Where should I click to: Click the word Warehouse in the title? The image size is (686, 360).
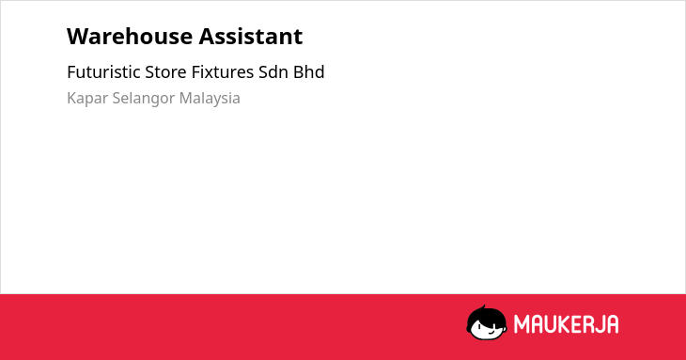click(x=130, y=36)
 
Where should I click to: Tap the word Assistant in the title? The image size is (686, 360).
click(x=251, y=36)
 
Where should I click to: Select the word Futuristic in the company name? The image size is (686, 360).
click(x=103, y=71)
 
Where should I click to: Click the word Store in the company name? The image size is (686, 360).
click(x=165, y=71)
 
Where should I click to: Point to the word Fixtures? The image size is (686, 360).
click(x=223, y=71)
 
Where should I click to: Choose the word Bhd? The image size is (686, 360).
click(x=309, y=71)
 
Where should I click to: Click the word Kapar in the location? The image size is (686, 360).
click(x=87, y=99)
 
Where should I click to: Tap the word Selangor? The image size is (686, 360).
click(x=144, y=99)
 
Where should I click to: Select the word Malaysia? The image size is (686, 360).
click(x=210, y=99)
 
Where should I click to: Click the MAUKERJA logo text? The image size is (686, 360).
click(x=566, y=324)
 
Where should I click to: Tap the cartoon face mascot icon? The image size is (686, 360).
click(x=487, y=322)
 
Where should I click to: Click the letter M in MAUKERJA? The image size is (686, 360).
click(x=521, y=324)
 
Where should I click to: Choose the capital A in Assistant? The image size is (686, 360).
click(x=207, y=37)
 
